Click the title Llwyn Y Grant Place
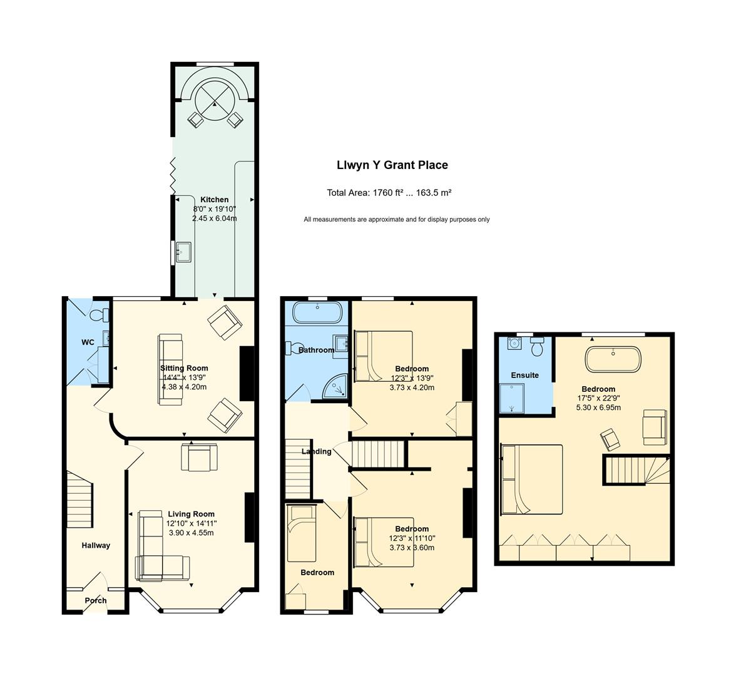392,165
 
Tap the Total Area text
389,193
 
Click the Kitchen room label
215,200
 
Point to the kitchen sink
183,252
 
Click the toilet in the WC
100,315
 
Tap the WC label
88,342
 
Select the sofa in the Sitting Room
170,369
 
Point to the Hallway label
96,546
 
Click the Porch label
96,600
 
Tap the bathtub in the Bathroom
318,312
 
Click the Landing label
317,451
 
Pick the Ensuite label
524,375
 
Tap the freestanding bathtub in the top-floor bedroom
613,360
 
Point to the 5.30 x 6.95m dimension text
598,407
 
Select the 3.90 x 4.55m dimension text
191,533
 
